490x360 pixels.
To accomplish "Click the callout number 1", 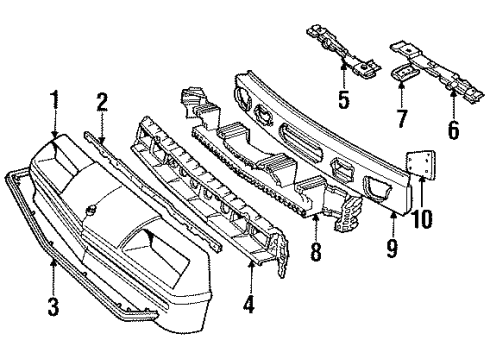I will pyautogui.click(x=54, y=101).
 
